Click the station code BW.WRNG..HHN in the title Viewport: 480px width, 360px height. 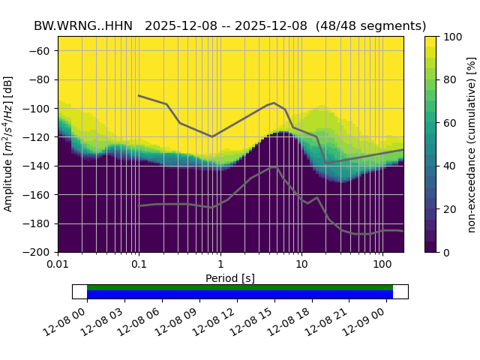pos(82,25)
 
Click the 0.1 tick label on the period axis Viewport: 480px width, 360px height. pos(139,266)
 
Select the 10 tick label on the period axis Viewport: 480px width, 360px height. pos(301,266)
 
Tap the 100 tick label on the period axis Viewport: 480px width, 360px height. pos(382,266)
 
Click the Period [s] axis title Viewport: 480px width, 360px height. pos(230,278)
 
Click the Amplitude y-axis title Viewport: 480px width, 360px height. pos(8,144)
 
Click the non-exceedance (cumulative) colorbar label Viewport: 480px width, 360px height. pos(471,144)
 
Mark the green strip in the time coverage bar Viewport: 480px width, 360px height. pos(240,287)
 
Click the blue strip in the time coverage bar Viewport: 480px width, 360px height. pos(240,294)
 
